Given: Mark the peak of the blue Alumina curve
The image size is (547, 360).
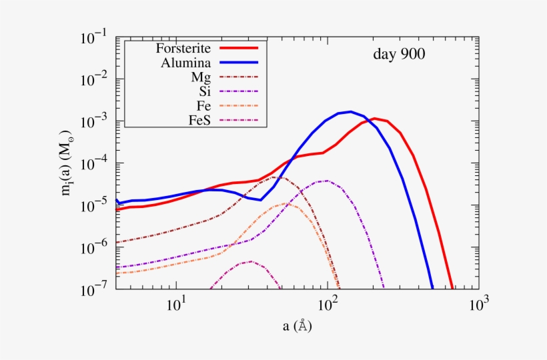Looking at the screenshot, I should pos(351,112).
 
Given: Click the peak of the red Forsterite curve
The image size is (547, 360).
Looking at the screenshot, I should pos(375,119).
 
